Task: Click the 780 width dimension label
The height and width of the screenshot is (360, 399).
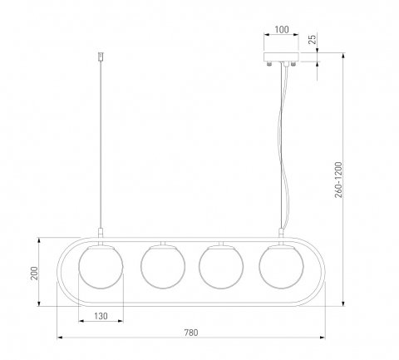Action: [x=191, y=333]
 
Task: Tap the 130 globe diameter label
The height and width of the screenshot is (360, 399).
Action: [x=101, y=316]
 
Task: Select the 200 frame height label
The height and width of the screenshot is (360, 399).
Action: [x=34, y=274]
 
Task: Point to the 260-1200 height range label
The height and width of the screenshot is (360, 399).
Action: [x=338, y=180]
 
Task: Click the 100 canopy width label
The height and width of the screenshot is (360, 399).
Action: [x=282, y=30]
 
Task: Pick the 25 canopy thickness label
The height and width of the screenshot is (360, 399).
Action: [x=313, y=39]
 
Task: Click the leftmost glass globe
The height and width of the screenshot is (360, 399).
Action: [x=101, y=267]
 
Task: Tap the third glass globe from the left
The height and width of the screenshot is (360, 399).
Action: [x=221, y=267]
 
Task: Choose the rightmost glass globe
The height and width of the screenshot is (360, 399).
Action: [x=281, y=267]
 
